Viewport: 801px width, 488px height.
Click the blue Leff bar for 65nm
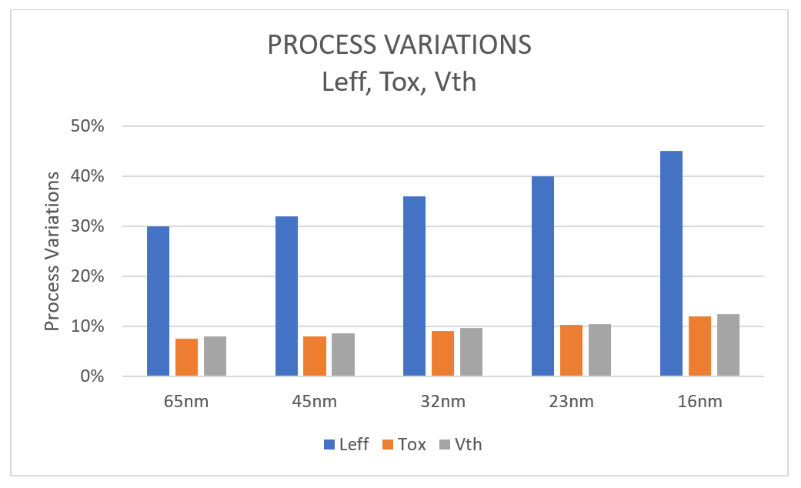click(x=158, y=301)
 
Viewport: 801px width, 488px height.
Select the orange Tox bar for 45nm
click(x=315, y=356)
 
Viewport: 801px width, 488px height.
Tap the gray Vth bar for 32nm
click(x=471, y=353)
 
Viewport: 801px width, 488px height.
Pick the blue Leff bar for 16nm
click(x=671, y=263)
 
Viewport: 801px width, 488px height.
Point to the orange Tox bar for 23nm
click(x=571, y=351)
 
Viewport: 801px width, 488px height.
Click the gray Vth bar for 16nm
click(x=728, y=346)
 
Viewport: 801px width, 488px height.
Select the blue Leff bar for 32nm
click(x=414, y=286)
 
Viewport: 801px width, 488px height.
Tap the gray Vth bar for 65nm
click(x=215, y=356)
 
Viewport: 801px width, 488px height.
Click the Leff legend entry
click(x=345, y=444)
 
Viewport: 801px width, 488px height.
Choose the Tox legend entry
click(x=406, y=444)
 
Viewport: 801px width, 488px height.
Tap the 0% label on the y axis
click(x=102, y=376)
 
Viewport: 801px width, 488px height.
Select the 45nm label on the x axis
click(x=315, y=402)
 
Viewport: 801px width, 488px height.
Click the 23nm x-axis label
click(x=571, y=402)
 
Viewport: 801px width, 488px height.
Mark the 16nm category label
click(x=699, y=402)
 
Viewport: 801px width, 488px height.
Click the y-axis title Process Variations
click(x=52, y=251)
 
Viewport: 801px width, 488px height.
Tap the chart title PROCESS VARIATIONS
click(x=399, y=45)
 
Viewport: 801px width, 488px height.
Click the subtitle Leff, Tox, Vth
click(x=399, y=81)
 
